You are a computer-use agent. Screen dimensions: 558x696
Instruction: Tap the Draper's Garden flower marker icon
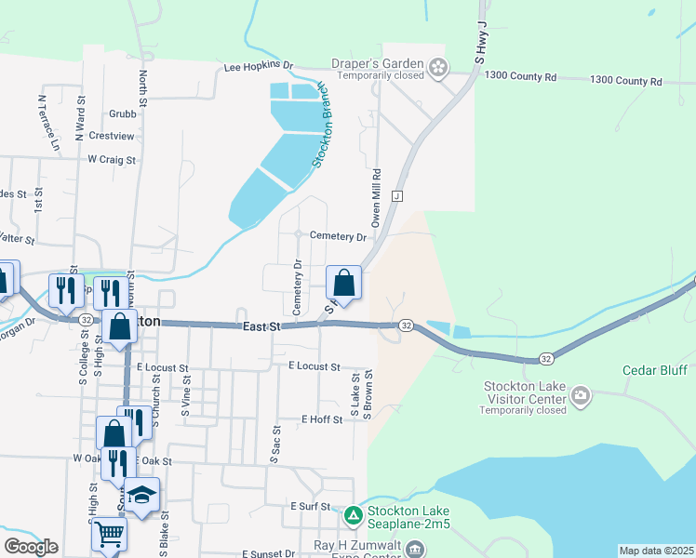(437, 66)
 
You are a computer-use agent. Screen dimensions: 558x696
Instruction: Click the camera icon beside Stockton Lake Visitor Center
(581, 397)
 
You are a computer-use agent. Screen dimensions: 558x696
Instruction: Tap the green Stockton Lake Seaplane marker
(354, 514)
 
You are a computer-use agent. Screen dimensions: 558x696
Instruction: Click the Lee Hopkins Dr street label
(259, 68)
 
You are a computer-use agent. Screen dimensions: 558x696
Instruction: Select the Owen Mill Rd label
(377, 198)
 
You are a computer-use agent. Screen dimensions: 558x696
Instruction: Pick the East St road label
(261, 326)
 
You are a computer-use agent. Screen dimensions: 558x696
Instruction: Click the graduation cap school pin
(141, 496)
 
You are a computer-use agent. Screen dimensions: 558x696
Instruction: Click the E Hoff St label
(322, 419)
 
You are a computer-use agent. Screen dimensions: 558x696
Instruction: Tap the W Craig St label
(112, 159)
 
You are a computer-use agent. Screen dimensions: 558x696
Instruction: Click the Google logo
(31, 547)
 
